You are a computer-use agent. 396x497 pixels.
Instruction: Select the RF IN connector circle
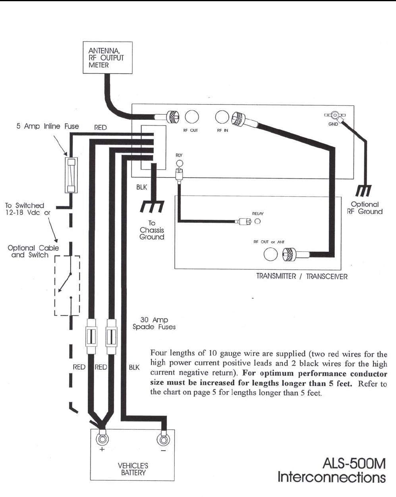[x=222, y=117]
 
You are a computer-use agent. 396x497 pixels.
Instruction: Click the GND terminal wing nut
[x=335, y=116]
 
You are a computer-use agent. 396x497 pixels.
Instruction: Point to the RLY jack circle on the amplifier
[x=179, y=163]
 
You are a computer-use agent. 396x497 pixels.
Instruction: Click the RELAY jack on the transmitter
[x=257, y=221]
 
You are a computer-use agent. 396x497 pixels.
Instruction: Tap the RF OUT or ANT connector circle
[x=271, y=255]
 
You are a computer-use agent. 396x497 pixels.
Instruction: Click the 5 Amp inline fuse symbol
[x=71, y=175]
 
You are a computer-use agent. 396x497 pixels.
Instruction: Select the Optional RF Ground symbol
[x=363, y=191]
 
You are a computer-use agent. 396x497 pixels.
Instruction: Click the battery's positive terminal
[x=101, y=439]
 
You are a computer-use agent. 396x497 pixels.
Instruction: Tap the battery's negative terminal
[x=162, y=439]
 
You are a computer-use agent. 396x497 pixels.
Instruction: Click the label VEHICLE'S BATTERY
[x=133, y=469]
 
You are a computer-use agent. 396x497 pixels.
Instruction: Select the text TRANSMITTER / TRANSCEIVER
[x=302, y=277]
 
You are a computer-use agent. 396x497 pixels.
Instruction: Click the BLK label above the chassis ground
[x=142, y=187]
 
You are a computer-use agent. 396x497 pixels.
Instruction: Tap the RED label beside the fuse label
[x=100, y=128]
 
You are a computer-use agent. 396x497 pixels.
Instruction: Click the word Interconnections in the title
[x=332, y=477]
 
